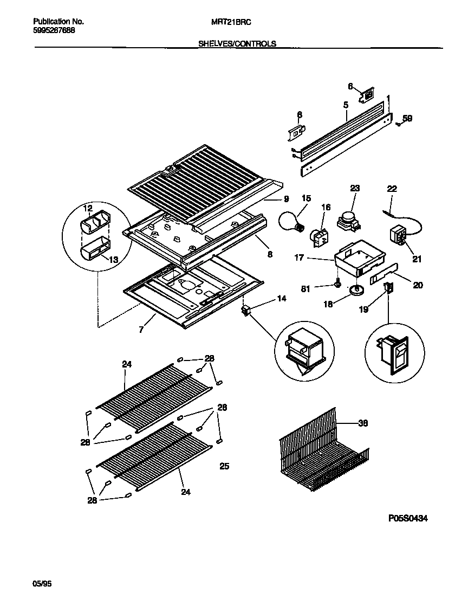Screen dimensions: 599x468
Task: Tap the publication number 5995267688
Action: [x=54, y=30]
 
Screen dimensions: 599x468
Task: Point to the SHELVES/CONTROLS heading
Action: [x=238, y=44]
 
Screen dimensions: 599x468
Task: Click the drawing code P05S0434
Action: [x=408, y=518]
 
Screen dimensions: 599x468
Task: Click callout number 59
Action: [x=407, y=118]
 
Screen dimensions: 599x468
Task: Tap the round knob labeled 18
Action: [x=355, y=292]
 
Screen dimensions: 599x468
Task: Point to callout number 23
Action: [x=355, y=189]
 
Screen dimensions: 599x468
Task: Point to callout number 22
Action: [x=392, y=189]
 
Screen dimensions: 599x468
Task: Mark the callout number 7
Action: [x=141, y=329]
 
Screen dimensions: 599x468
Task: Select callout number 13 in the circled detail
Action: [x=113, y=260]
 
